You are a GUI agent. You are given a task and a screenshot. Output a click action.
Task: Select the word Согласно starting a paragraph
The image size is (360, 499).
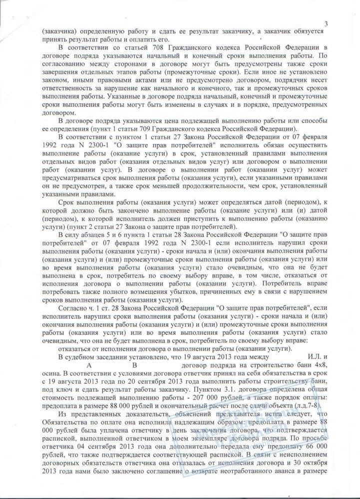click(73, 310)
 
